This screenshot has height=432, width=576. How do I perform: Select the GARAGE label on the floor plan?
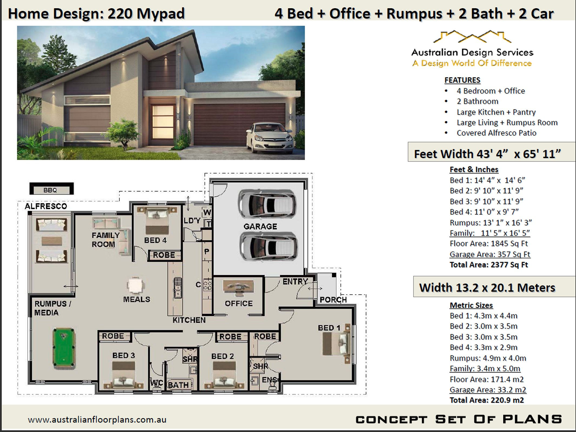(x=260, y=226)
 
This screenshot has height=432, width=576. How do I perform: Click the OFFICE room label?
(x=239, y=303)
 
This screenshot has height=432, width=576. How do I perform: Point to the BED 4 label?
(x=155, y=240)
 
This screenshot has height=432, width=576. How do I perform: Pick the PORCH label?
(x=333, y=300)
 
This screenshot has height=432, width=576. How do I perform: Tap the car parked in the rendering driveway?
(x=270, y=137)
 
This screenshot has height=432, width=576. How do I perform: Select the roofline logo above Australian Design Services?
(x=472, y=37)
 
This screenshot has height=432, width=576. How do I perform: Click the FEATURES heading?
(x=462, y=80)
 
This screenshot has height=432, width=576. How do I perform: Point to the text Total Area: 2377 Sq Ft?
(x=488, y=265)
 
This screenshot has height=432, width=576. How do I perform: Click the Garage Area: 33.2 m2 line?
(x=488, y=390)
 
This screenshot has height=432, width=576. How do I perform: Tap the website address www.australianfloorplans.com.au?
(x=97, y=420)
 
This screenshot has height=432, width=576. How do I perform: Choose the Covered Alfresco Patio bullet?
(x=496, y=133)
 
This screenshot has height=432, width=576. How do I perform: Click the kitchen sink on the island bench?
(x=178, y=288)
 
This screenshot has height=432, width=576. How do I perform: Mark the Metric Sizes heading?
(x=471, y=305)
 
